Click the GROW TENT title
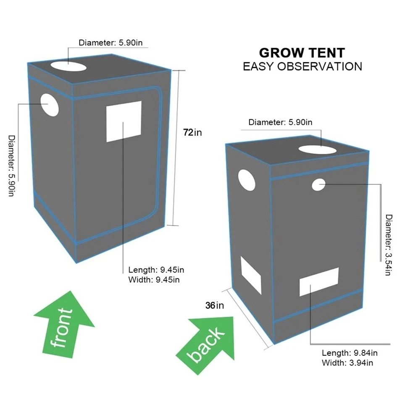click(302, 53)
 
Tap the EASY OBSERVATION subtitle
click(302, 66)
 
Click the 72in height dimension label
click(192, 133)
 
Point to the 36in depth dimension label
click(215, 305)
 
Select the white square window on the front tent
click(124, 122)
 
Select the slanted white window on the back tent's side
click(251, 275)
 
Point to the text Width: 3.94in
click(347, 363)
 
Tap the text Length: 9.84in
click(350, 353)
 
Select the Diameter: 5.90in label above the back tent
click(280, 122)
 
